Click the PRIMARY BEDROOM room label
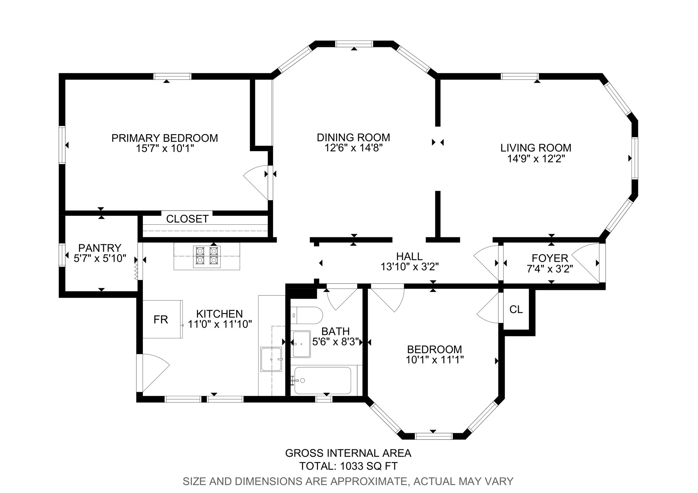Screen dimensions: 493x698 click(x=165, y=138)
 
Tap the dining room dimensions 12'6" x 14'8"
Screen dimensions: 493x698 click(x=353, y=148)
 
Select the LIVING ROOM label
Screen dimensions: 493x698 click(x=536, y=148)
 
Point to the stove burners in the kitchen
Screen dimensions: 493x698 click(x=207, y=256)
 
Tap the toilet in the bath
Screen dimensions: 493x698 click(x=306, y=315)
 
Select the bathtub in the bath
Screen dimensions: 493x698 click(x=322, y=380)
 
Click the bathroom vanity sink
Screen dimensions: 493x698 click(x=301, y=344)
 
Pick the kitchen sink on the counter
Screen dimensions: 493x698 click(x=271, y=359)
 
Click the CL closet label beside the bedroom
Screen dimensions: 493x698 click(x=516, y=309)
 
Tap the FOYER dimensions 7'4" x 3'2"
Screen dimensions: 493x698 click(x=550, y=269)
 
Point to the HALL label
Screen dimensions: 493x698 click(x=409, y=256)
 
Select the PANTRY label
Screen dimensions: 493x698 click(x=100, y=248)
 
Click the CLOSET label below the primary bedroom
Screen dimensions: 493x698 click(x=187, y=219)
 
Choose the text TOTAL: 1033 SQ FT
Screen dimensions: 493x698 click(x=348, y=466)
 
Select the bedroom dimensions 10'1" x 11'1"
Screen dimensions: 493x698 click(x=435, y=360)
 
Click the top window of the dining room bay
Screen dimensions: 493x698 click(x=354, y=44)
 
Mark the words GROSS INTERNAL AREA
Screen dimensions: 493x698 click(x=348, y=453)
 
